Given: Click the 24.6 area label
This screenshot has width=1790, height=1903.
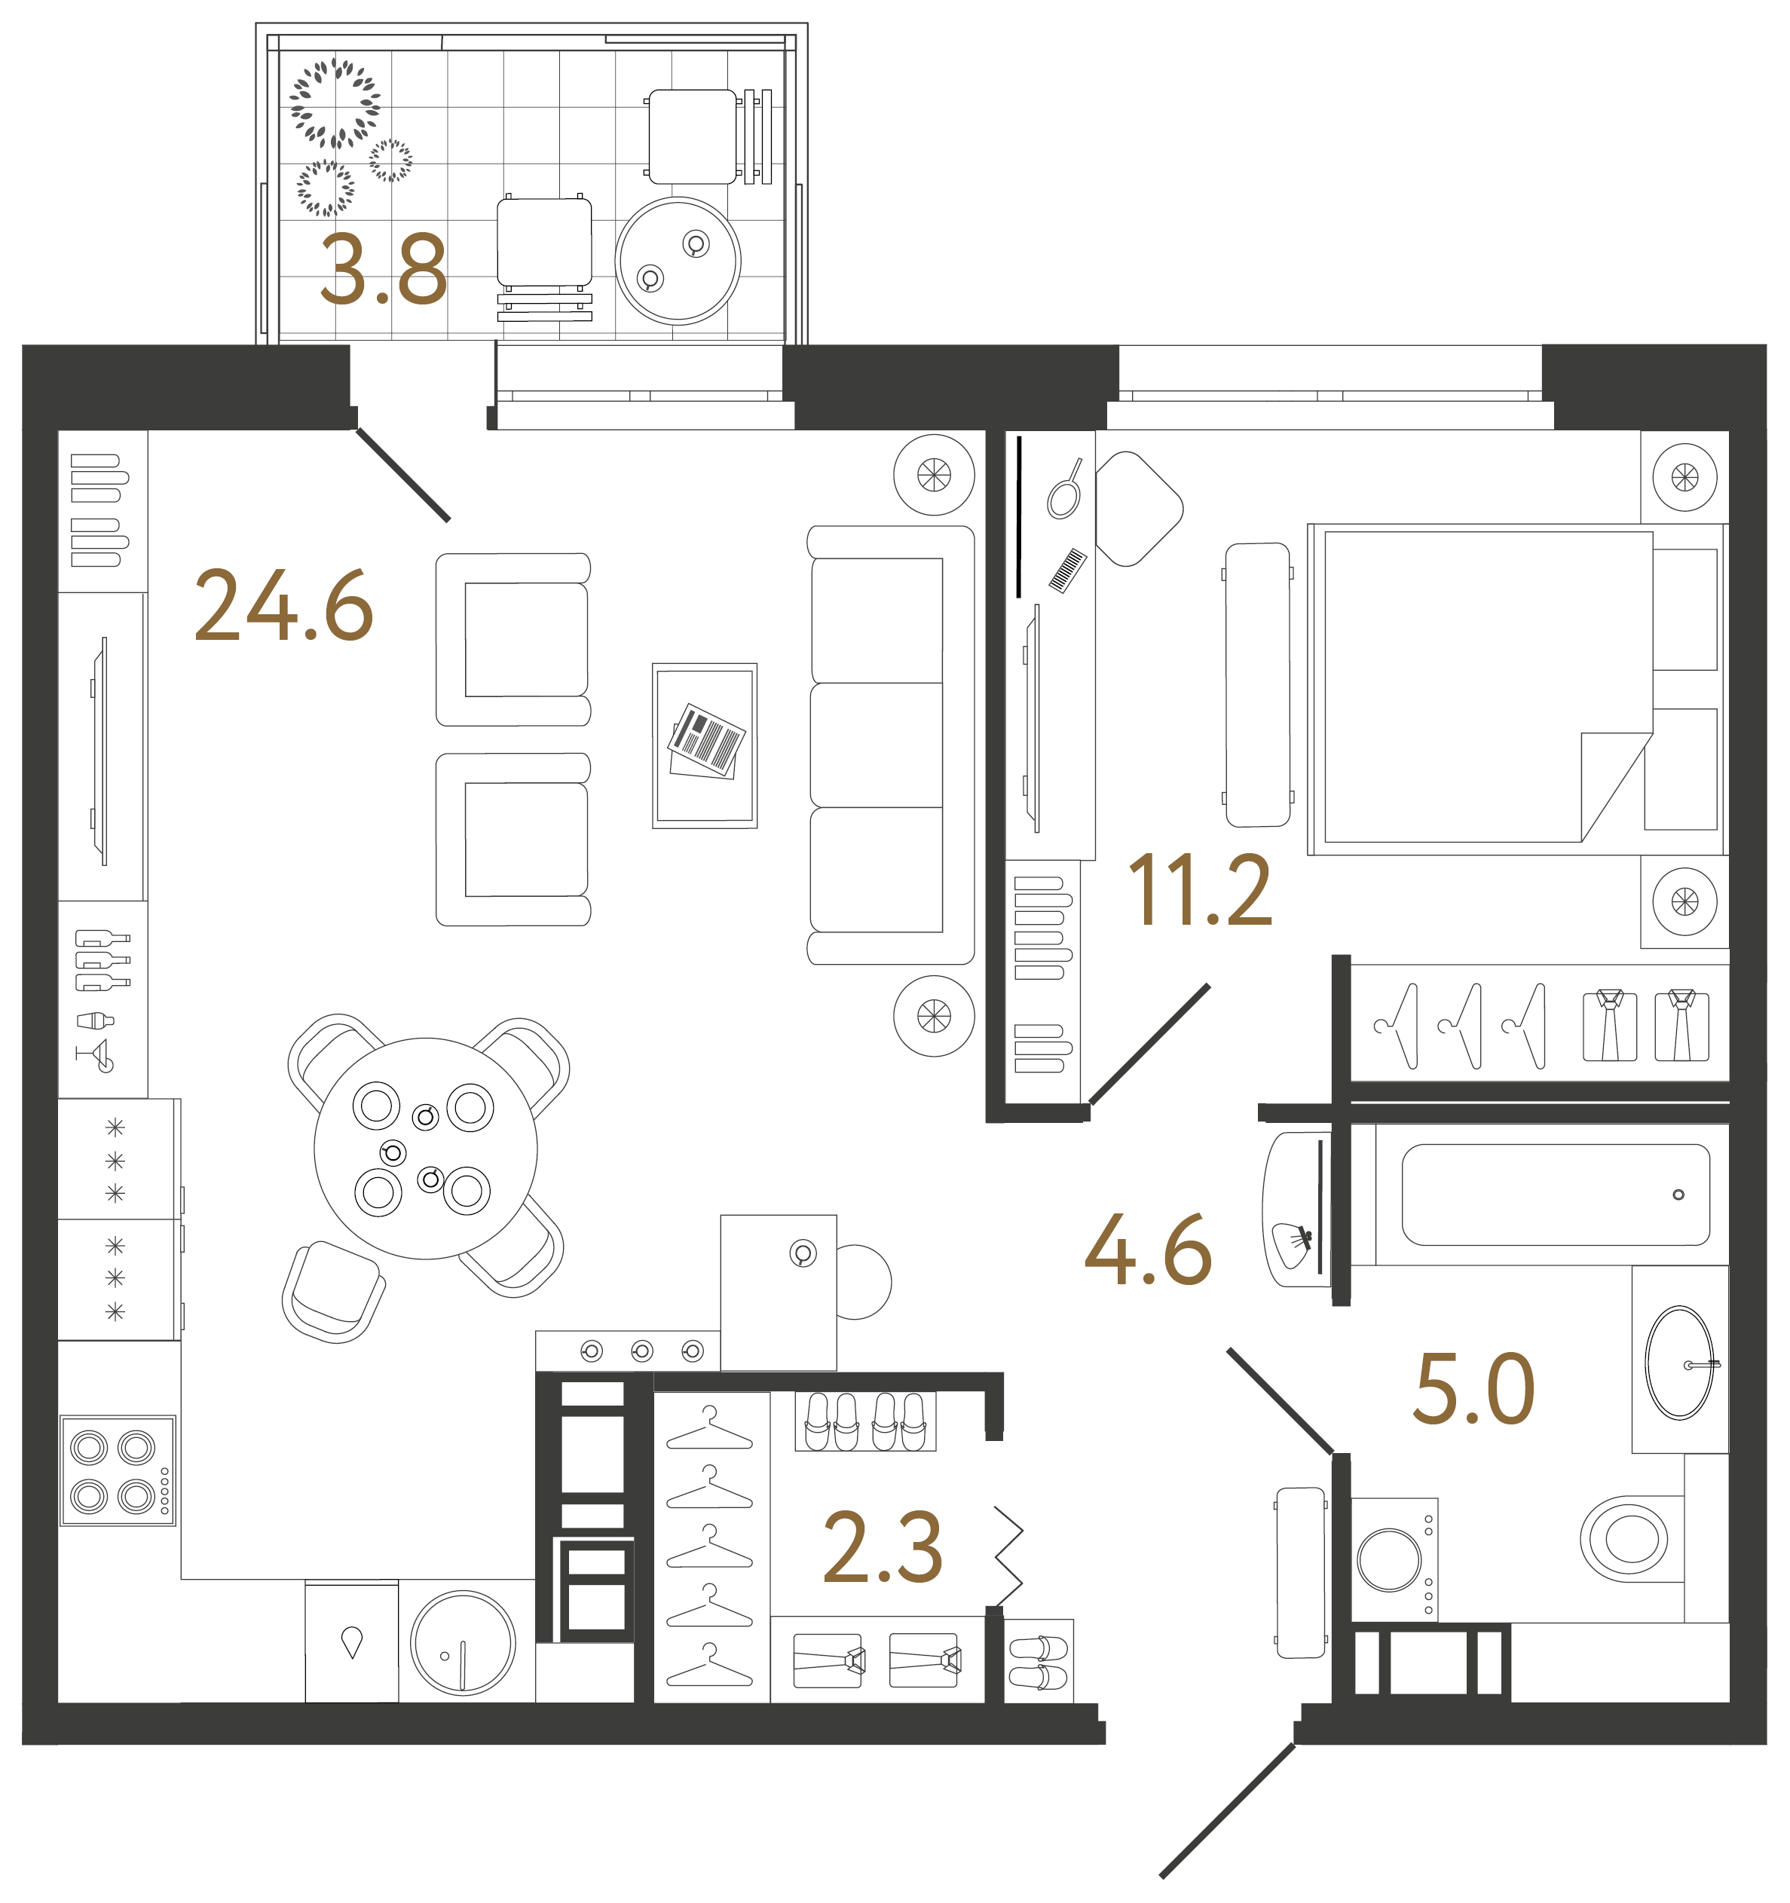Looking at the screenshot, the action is click(x=283, y=606).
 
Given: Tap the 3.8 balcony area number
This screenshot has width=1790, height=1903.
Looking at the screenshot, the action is click(x=384, y=270).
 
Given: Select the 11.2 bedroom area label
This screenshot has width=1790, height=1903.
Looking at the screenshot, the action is click(x=1201, y=891).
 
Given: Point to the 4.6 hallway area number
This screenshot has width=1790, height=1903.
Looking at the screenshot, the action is click(x=1149, y=1250).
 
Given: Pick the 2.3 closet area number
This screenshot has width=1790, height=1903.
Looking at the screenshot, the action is click(x=883, y=1547).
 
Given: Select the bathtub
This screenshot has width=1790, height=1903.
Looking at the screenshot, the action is click(x=1555, y=1195).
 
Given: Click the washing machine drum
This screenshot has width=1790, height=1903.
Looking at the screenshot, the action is click(x=1390, y=1559).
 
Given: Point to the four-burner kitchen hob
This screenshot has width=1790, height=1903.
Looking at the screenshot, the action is click(x=118, y=1471).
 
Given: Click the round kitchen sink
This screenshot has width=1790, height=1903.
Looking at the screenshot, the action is click(x=464, y=1643).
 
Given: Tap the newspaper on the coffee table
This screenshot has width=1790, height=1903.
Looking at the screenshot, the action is click(x=706, y=742).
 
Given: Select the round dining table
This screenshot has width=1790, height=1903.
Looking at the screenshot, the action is click(x=426, y=1149).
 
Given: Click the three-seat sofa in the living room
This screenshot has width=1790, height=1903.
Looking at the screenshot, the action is click(x=890, y=745).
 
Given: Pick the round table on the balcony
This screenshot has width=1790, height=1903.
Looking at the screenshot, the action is click(x=678, y=262).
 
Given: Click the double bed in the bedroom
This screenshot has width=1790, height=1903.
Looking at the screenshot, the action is click(x=1516, y=689).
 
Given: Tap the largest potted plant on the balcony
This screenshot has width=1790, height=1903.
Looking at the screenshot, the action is click(x=335, y=103).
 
